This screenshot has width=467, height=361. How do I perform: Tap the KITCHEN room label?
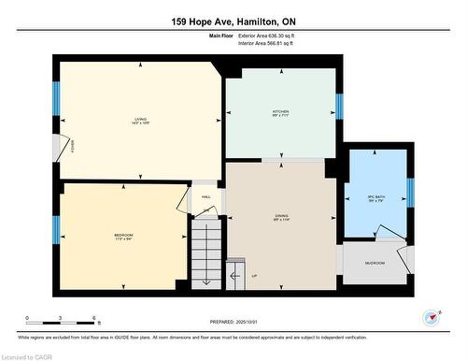[x=280, y=111]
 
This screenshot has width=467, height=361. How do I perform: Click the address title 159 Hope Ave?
[x=233, y=22]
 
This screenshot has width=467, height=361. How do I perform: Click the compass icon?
[x=432, y=316]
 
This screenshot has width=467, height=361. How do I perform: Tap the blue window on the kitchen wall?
[x=339, y=107]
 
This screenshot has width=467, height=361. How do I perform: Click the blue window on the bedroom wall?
[x=57, y=229]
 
